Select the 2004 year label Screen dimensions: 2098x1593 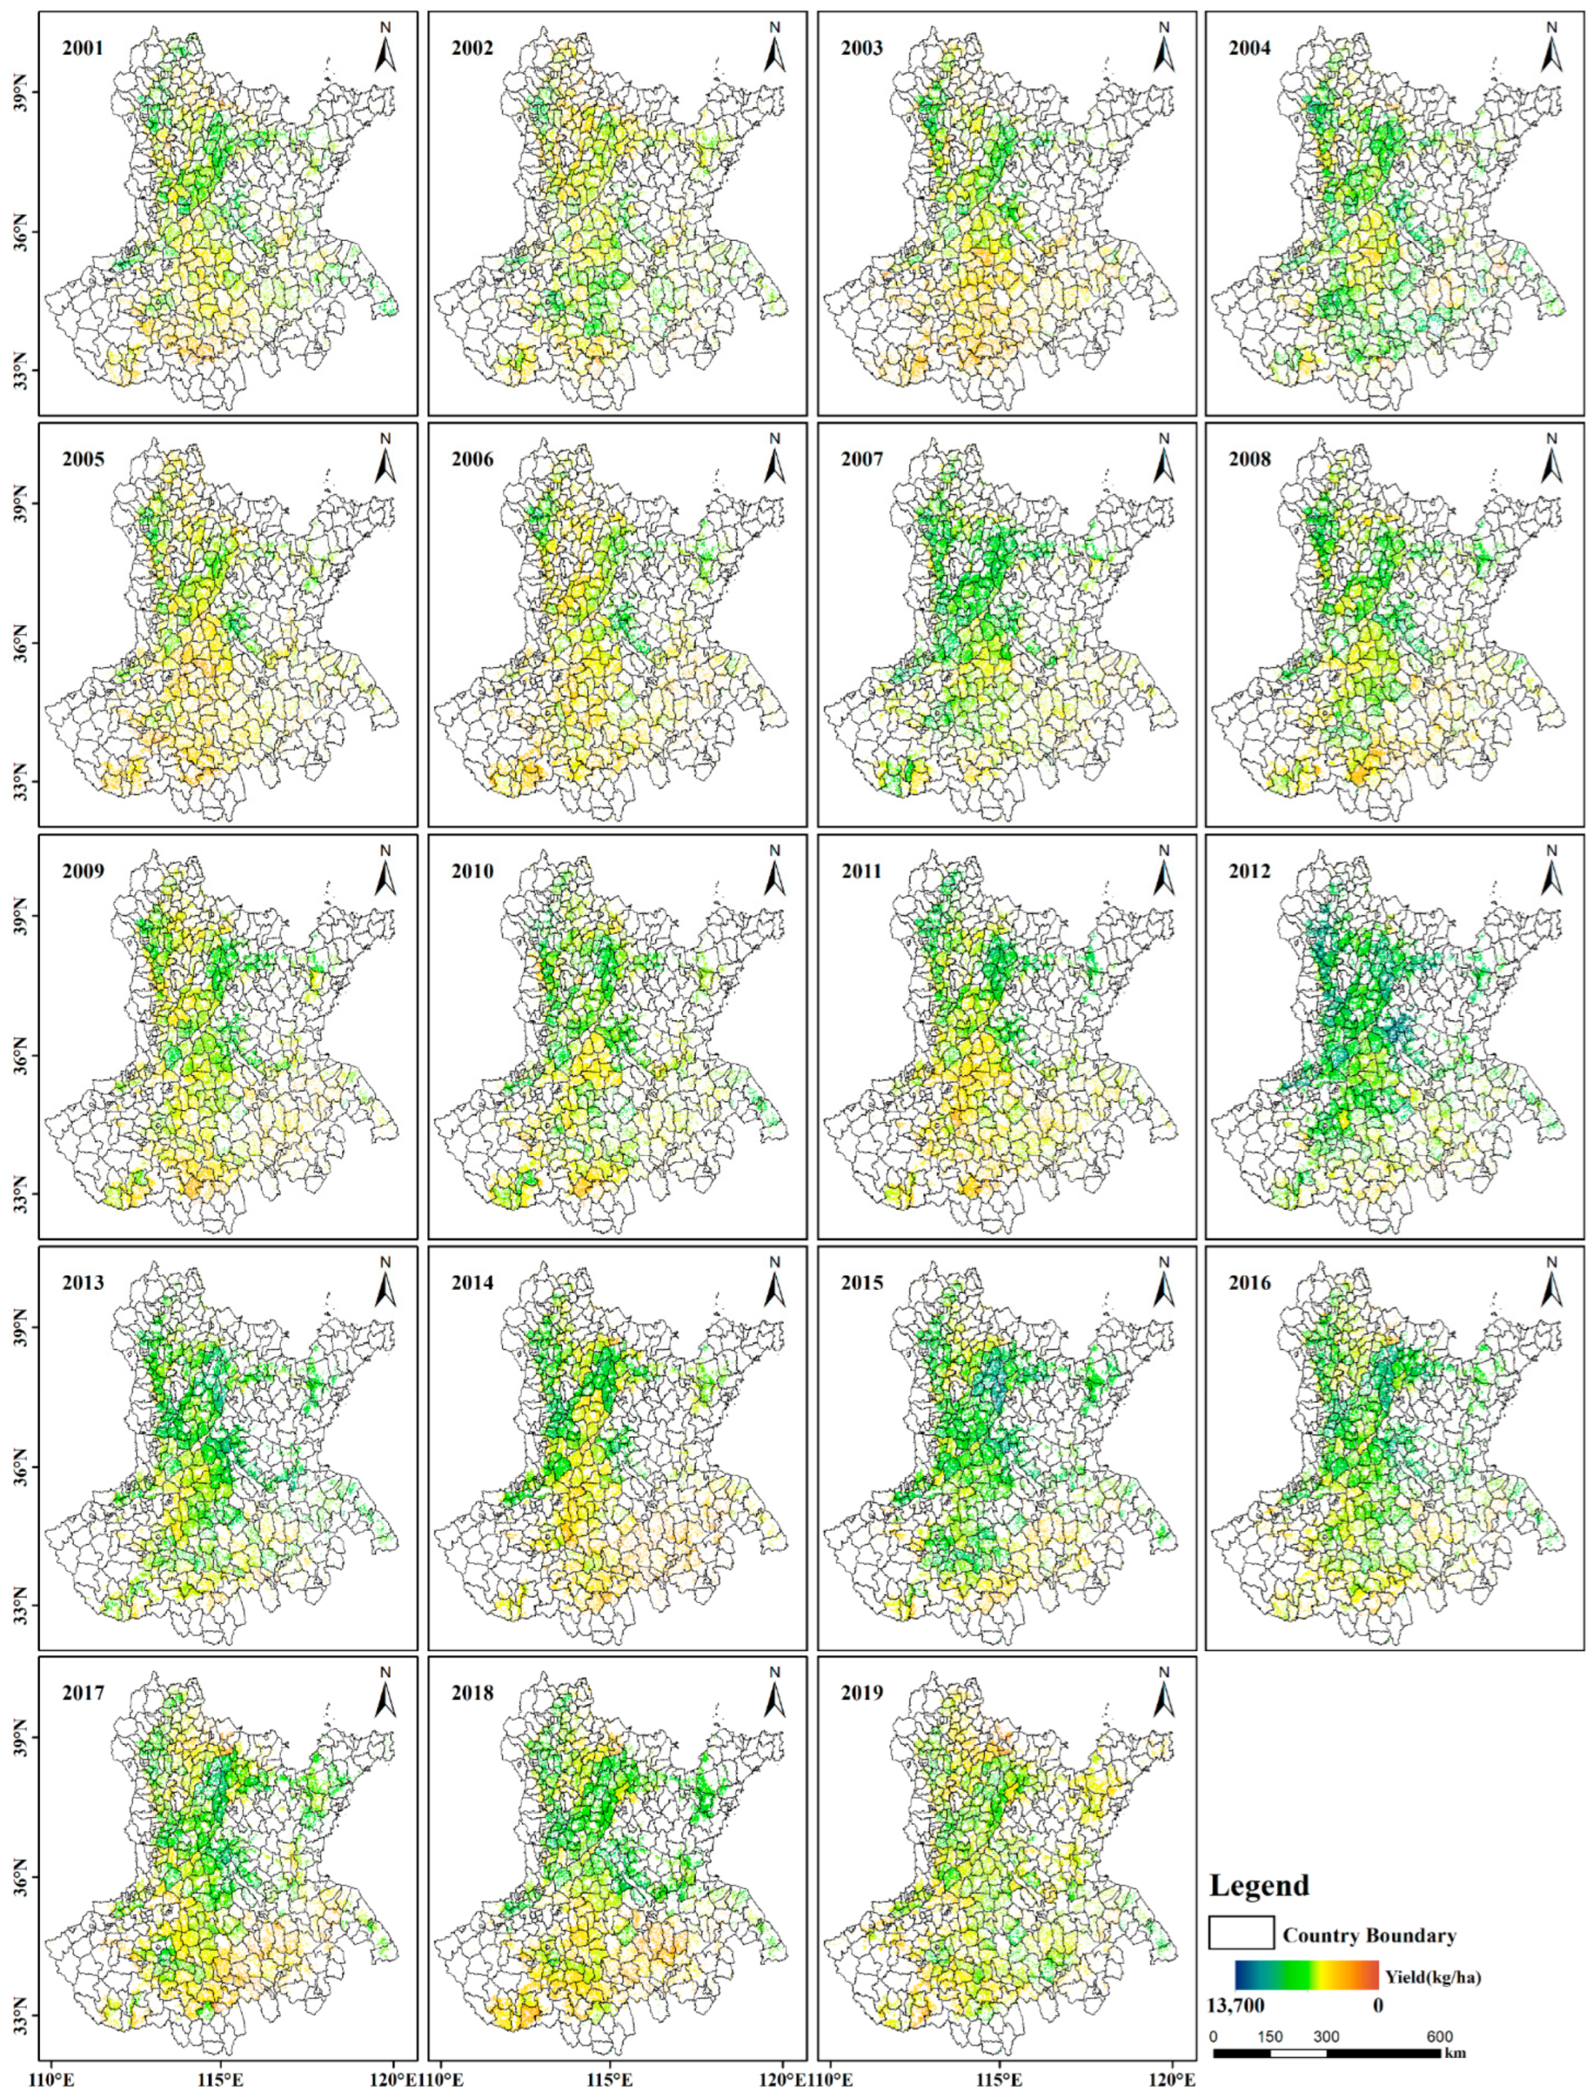coord(1250,48)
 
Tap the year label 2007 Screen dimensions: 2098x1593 coord(861,460)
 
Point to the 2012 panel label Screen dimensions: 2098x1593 coord(1250,871)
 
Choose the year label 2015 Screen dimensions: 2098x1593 coord(861,1283)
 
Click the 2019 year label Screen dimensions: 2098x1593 coord(861,1694)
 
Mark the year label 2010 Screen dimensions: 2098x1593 coord(472,871)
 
